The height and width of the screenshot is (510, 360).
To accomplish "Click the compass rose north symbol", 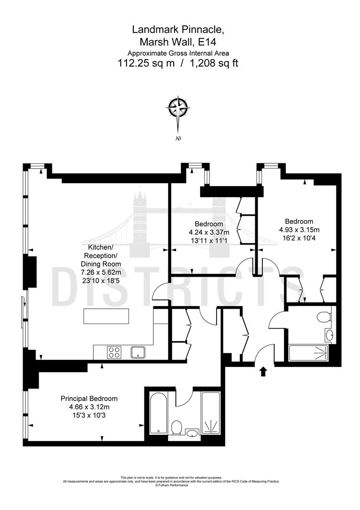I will click(179, 109).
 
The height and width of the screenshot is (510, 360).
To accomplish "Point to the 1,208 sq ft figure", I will click(213, 63).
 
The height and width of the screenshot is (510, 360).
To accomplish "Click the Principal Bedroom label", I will click(89, 399).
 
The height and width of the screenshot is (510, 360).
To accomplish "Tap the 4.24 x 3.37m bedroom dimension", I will click(209, 232).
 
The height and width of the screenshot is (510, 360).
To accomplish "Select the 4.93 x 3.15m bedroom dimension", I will click(299, 229).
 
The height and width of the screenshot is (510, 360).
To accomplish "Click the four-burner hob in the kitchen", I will click(114, 352).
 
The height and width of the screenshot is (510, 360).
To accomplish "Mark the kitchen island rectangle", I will click(106, 316).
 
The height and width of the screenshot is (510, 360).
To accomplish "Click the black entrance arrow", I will click(263, 371).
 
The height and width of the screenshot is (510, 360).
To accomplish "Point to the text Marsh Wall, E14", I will click(178, 42).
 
